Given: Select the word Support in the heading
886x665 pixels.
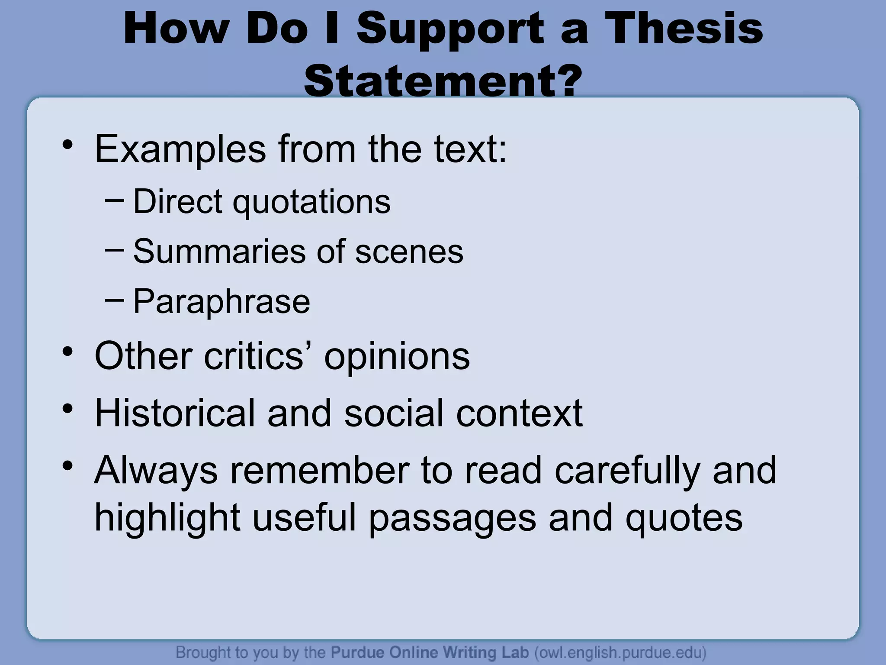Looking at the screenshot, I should click(x=450, y=29).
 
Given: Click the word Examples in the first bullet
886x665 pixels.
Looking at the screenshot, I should click(x=180, y=149).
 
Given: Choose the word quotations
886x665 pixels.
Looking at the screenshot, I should click(x=311, y=202).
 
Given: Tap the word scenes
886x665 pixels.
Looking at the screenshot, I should click(x=409, y=252).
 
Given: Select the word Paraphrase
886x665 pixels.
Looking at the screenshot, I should click(x=221, y=302).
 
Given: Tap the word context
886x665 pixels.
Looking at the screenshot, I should click(x=519, y=413).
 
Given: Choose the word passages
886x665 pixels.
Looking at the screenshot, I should click(x=453, y=518).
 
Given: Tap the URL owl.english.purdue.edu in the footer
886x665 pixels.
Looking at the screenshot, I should click(x=620, y=652).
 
